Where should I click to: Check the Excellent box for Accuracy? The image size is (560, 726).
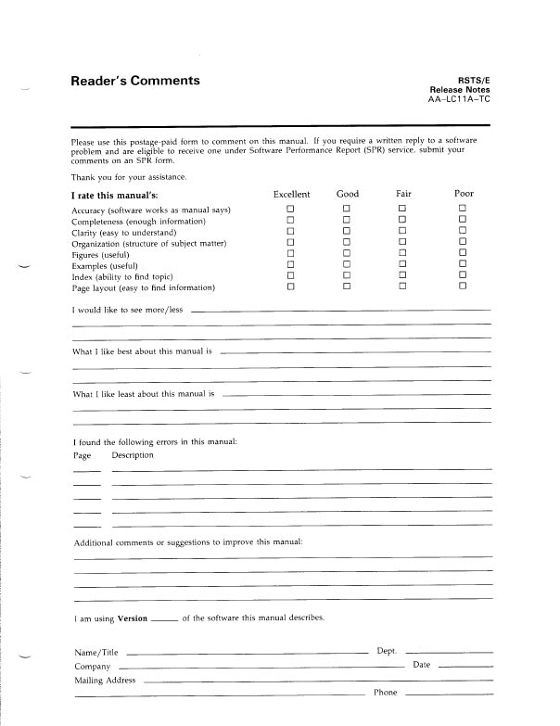pos(290,210)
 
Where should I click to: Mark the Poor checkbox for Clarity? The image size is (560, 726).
pos(462,232)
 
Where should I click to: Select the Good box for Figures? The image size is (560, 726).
pos(347,253)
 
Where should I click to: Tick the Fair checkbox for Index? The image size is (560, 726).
pos(402,275)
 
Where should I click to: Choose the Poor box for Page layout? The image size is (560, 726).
pos(462,287)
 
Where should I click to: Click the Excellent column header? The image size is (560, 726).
pos(292,194)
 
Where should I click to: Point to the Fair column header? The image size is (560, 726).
pos(403,194)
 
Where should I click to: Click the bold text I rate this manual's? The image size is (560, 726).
pos(115,195)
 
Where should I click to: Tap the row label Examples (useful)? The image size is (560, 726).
pos(105,265)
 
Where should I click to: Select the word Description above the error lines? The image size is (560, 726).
pos(133,455)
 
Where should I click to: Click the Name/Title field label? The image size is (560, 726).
pos(96,653)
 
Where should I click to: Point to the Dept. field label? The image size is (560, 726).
pos(388,651)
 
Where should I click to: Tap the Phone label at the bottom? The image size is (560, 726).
pos(386,693)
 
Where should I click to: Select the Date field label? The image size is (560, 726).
pos(422,665)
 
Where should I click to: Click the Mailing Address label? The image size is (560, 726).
pos(105,681)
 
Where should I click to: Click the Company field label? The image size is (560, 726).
pos(93,667)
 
